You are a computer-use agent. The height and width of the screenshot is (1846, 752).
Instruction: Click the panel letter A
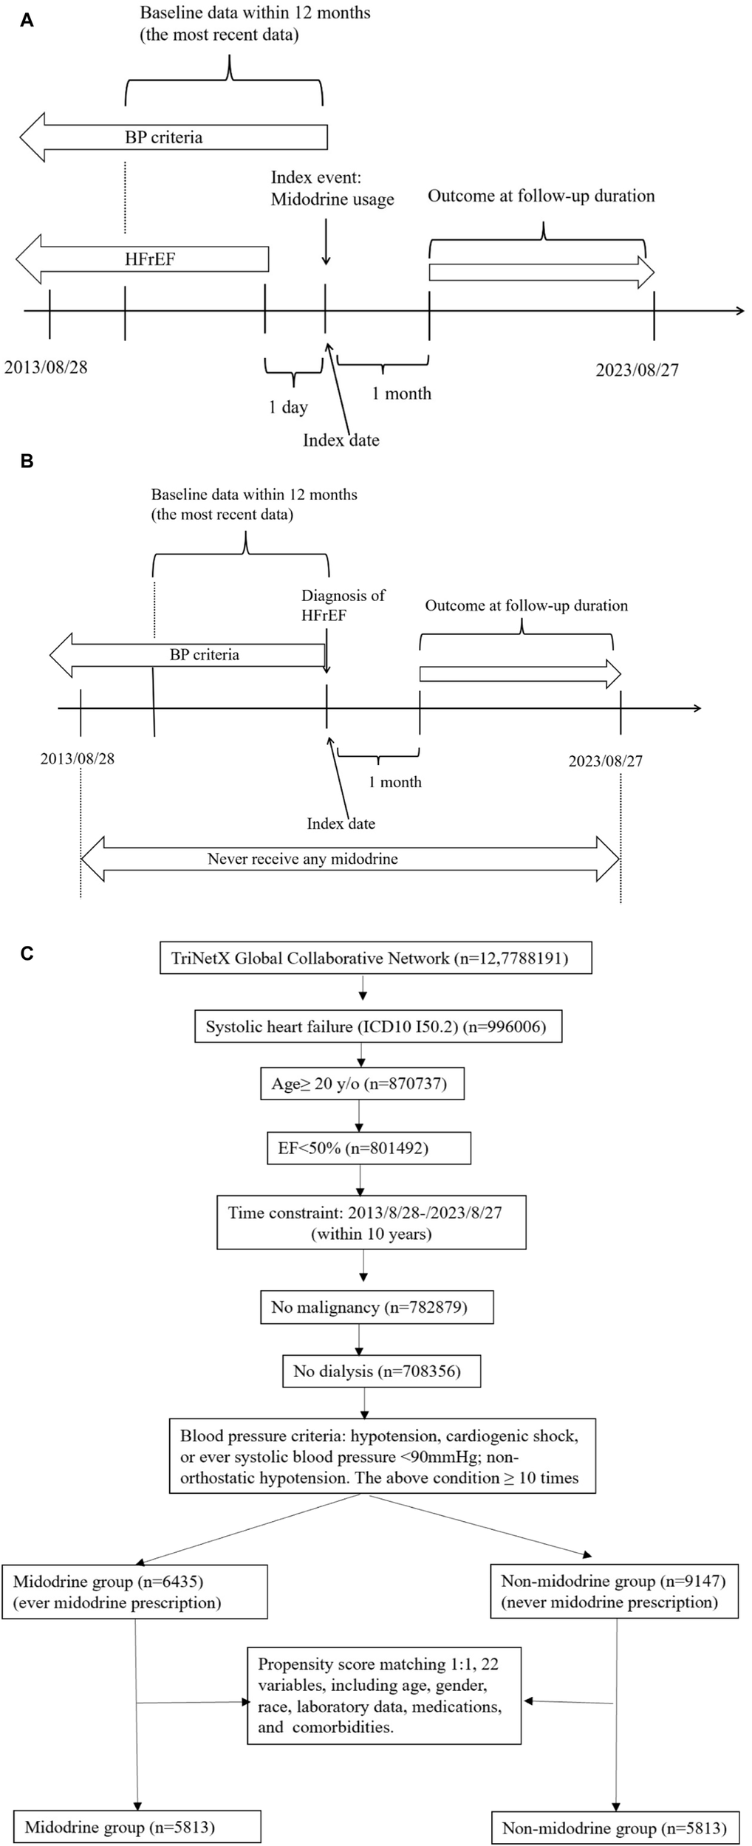[x=27, y=21]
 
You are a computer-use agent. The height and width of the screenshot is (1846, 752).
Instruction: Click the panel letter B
[x=27, y=461]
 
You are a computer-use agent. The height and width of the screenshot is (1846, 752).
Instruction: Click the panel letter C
[x=27, y=953]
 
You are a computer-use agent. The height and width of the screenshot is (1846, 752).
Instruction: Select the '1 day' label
[x=288, y=407]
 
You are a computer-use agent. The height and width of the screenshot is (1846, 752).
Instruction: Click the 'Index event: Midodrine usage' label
[x=332, y=188]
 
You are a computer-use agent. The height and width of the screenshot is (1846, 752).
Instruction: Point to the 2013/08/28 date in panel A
[x=46, y=367]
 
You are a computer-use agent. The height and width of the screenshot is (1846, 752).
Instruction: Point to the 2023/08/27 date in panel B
[x=605, y=761]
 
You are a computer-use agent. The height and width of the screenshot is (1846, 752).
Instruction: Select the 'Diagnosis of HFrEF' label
[x=343, y=605]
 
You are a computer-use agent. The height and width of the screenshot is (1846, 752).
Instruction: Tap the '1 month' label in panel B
[x=395, y=782]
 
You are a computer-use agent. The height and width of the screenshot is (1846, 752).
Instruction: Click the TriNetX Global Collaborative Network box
[x=375, y=958]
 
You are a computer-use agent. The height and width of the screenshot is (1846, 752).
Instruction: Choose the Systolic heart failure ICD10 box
[x=377, y=1026]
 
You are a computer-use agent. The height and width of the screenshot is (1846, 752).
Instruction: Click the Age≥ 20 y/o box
[x=362, y=1084]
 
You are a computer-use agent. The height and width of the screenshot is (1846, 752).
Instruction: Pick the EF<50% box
[x=369, y=1147]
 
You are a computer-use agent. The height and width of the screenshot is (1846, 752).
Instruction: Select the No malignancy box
[x=377, y=1307]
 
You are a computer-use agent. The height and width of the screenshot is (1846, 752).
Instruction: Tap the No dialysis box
[x=382, y=1371]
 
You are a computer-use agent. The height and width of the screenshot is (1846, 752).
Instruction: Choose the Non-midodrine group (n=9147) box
[x=614, y=1591]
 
